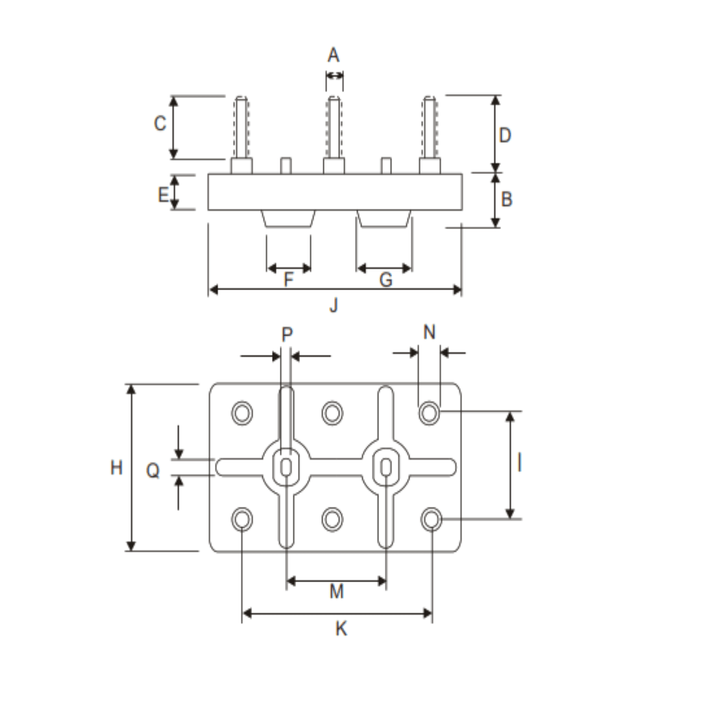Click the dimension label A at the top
pos(334,55)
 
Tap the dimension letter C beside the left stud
pos(160,123)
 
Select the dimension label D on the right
pos(505,135)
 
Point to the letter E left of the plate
pos(164,193)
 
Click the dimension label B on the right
pos(506,199)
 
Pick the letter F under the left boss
pos(289,280)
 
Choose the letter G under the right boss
pos(386,280)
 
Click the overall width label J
pos(334,305)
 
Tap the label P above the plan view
pos(287,334)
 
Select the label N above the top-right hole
pos(429,332)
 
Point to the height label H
pos(116,467)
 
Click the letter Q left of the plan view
pos(153,471)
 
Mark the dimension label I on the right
pos(519,463)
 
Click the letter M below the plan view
pos(336,591)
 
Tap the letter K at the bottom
pos(341,628)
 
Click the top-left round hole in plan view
pos(243,413)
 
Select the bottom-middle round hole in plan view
pos(332,519)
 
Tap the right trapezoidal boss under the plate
pos(384,219)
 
